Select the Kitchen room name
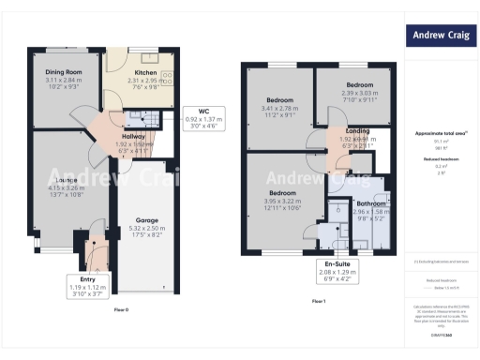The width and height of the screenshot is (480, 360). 144,71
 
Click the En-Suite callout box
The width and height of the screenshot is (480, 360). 335,270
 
